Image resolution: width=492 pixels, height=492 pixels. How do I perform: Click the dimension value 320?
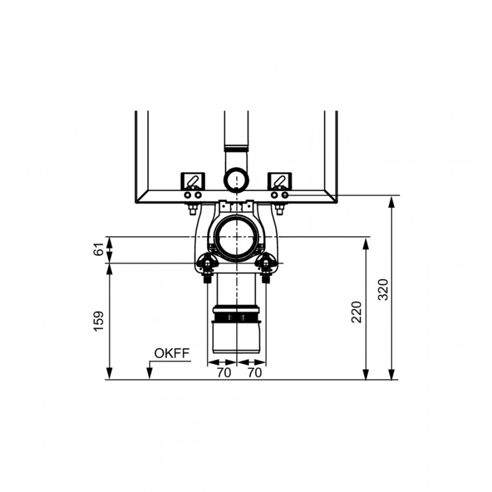383,289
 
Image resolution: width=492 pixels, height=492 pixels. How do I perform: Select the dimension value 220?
357,312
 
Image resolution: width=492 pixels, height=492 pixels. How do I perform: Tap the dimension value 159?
98,321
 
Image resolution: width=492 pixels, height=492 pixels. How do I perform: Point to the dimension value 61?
98,249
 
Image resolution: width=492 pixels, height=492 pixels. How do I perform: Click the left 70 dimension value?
224,373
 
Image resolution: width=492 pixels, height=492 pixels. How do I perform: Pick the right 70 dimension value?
254,373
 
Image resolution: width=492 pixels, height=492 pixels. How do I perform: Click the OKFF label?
172,353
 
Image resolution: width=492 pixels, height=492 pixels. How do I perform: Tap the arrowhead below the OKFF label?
150,374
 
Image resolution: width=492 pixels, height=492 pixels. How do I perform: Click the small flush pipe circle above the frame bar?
236,179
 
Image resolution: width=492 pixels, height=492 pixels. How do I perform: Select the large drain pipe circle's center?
236,237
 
